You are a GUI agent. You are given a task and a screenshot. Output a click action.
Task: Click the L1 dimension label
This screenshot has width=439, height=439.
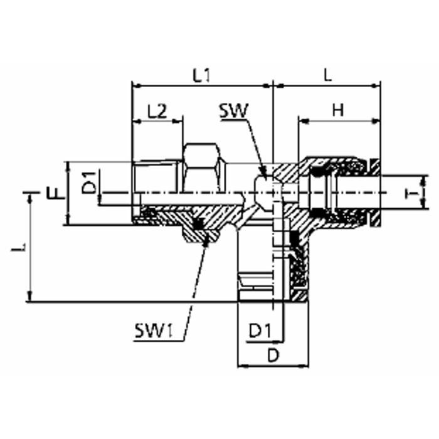pyautogui.click(x=201, y=76)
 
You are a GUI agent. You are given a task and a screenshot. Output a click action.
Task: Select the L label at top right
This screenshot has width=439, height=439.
pyautogui.click(x=327, y=75)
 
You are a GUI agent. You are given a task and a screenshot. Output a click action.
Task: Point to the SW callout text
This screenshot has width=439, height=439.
pyautogui.click(x=233, y=111)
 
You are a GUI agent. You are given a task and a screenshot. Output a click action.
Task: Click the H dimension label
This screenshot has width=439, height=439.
pyautogui.click(x=338, y=110)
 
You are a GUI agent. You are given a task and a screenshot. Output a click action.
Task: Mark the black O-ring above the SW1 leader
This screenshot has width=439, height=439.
pyautogui.click(x=199, y=224)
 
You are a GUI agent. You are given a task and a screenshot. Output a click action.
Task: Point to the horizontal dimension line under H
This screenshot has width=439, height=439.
pyautogui.click(x=339, y=119)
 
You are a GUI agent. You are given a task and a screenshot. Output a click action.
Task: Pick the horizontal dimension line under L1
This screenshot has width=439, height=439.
pyautogui.click(x=201, y=85)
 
